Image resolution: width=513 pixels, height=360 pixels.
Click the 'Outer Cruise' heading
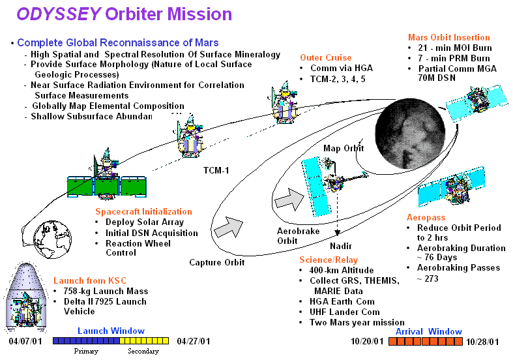pyautogui.click(x=325, y=57)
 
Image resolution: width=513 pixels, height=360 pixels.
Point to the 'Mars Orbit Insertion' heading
pyautogui.click(x=448, y=37)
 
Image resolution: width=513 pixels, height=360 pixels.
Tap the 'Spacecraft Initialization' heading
pyautogui.click(x=143, y=212)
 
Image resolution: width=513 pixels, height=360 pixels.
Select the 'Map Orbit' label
pyautogui.click(x=344, y=149)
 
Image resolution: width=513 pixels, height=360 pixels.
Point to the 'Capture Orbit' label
pyautogui.click(x=217, y=262)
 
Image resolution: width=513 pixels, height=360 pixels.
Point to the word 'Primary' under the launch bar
pyautogui.click(x=86, y=351)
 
